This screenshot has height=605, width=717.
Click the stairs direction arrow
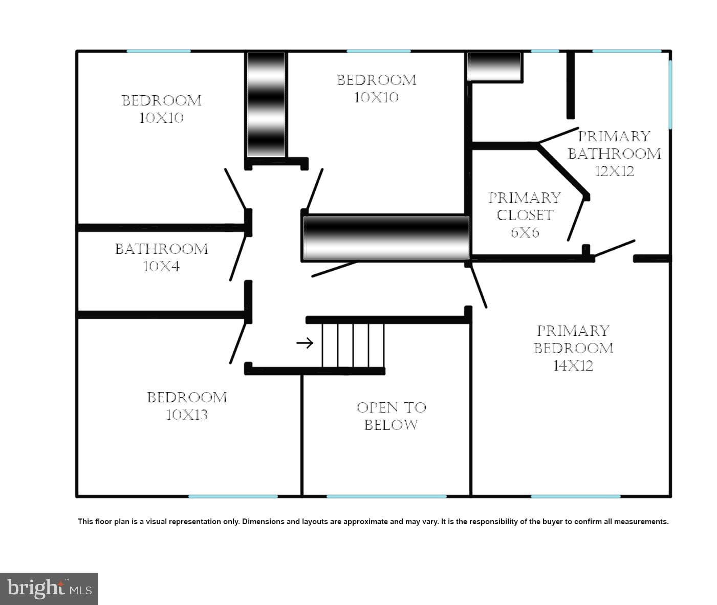(305, 342)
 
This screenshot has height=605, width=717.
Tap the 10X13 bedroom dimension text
(187, 415)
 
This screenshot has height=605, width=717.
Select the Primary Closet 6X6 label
(525, 215)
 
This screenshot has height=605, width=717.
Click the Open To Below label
(391, 416)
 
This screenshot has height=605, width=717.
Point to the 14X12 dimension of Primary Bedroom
(574, 365)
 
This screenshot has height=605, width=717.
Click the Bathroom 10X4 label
(161, 257)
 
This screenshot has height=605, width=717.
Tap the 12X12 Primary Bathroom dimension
(614, 171)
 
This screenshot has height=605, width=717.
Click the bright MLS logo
(49, 589)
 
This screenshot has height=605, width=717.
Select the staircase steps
(353, 345)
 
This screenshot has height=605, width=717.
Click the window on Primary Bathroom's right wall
(670, 95)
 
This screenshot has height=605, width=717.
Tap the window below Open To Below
(386, 496)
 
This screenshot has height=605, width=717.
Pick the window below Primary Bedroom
(576, 496)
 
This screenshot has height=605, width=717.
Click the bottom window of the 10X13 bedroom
(233, 496)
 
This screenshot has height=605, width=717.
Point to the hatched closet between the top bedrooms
(266, 104)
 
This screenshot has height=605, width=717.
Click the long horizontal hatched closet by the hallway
(386, 237)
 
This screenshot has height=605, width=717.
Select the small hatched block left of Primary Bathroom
(494, 67)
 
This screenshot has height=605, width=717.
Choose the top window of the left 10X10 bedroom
(159, 51)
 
